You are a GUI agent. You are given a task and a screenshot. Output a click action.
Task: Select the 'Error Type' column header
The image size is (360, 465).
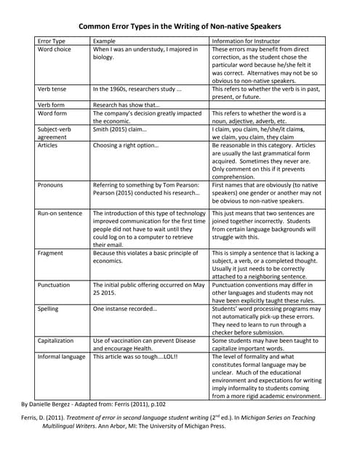(52, 41)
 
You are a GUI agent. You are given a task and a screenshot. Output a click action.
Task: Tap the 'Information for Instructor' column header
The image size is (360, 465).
(245, 41)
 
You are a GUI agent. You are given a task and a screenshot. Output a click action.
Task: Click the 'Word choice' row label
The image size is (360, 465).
(55, 49)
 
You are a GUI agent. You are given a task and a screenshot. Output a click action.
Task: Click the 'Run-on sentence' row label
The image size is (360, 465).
(60, 214)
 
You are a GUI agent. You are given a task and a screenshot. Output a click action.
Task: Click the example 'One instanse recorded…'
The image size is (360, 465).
(124, 309)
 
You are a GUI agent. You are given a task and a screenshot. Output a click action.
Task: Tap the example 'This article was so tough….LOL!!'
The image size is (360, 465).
(135, 357)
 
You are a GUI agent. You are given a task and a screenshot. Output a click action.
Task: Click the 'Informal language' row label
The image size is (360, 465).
(61, 357)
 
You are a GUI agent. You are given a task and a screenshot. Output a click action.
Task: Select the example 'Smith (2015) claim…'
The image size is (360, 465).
(119, 129)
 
